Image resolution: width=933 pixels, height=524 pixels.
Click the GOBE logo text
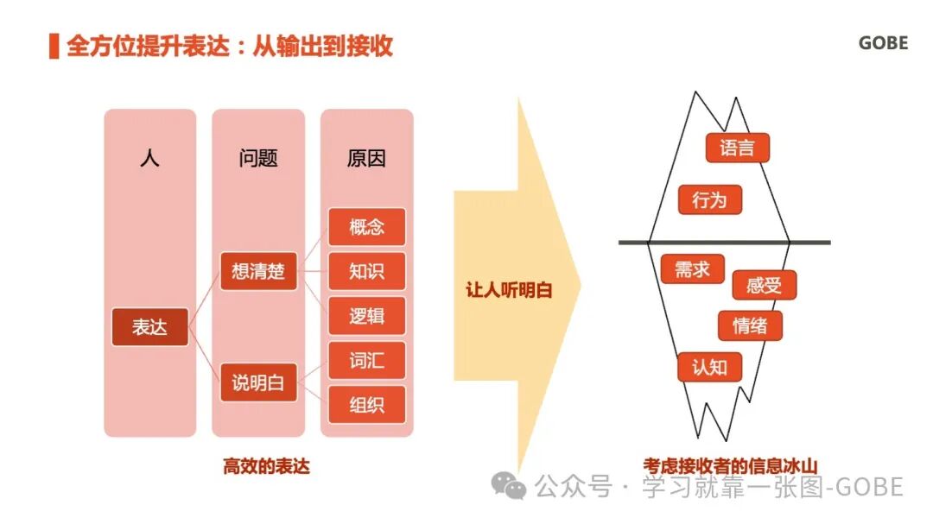(883, 43)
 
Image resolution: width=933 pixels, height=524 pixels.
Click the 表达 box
(149, 327)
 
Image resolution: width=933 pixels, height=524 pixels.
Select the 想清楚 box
(257, 272)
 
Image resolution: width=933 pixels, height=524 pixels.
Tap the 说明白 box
(257, 382)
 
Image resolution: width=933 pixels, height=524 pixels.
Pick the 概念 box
(366, 227)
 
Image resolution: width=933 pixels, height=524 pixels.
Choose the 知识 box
(366, 271)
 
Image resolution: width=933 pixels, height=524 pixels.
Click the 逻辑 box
(366, 316)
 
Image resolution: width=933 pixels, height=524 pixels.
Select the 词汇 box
(366, 360)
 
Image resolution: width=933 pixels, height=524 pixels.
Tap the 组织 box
(366, 405)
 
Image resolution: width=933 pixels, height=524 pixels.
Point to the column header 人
(149, 159)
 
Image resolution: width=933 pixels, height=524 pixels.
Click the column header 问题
(257, 159)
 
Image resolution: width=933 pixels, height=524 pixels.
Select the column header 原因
(366, 159)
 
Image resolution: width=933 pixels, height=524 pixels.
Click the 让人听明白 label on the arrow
(509, 291)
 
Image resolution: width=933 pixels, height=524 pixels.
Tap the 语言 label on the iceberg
(737, 148)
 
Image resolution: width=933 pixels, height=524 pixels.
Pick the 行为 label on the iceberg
(710, 200)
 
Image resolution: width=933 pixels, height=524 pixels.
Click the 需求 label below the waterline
(692, 269)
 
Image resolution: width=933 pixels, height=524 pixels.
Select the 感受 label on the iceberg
(764, 286)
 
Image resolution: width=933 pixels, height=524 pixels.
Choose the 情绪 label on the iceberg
(750, 326)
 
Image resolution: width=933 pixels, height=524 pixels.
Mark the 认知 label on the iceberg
(710, 367)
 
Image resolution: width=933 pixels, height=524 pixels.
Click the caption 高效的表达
(266, 467)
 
